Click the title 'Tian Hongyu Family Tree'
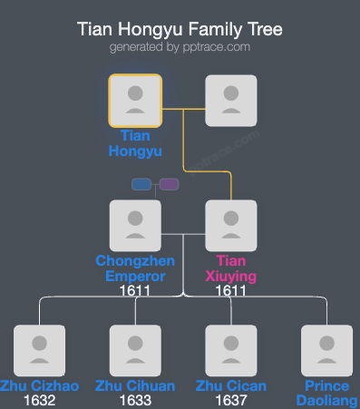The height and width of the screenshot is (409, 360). [x=180, y=29]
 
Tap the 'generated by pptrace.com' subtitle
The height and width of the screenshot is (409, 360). [x=180, y=47]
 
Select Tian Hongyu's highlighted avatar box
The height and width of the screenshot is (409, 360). [x=135, y=100]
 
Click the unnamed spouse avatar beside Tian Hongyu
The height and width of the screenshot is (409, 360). [x=231, y=100]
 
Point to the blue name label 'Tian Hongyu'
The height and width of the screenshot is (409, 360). [x=135, y=143]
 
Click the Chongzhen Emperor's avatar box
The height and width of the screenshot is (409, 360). [x=135, y=225]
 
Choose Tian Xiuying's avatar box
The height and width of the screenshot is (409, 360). [x=231, y=225]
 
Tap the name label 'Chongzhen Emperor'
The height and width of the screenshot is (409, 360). [x=131, y=268]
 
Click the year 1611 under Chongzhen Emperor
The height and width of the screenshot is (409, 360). [x=135, y=291]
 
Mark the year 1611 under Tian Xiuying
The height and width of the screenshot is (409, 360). [x=231, y=291]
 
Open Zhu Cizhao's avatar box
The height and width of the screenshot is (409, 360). [x=39, y=350]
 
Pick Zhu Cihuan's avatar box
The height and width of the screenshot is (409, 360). [x=135, y=350]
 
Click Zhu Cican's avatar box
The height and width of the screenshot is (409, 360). [x=231, y=350]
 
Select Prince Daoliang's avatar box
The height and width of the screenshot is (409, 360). [x=327, y=350]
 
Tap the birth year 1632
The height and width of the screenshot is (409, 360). [x=39, y=400]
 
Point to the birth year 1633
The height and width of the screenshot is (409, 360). [x=135, y=400]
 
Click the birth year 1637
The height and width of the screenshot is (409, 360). [x=231, y=400]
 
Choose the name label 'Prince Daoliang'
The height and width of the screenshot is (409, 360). [x=327, y=393]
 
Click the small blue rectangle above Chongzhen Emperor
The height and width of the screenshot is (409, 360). [x=141, y=184]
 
